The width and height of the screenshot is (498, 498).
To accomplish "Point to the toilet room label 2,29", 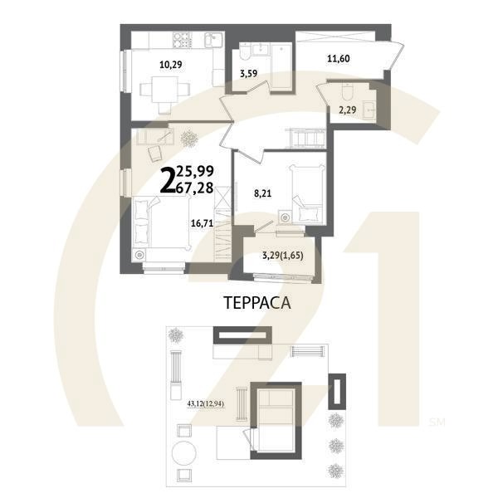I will pyautogui.click(x=346, y=107).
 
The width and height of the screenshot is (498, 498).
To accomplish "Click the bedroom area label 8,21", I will pyautogui.click(x=263, y=193).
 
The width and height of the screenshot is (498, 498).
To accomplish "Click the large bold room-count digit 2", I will pyautogui.click(x=167, y=179).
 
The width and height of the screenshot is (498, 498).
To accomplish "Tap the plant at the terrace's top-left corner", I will pyautogui.click(x=177, y=335).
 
